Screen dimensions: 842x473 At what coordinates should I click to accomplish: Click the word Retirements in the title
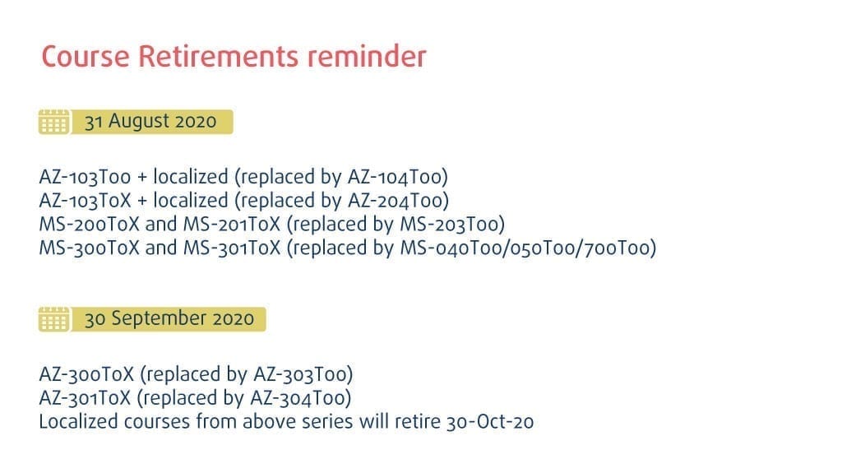(217, 56)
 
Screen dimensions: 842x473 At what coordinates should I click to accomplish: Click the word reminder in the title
(367, 56)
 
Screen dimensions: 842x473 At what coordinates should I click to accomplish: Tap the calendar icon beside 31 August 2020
(53, 122)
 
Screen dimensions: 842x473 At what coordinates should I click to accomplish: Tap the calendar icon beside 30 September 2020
(53, 319)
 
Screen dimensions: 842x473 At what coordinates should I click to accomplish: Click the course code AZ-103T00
(85, 177)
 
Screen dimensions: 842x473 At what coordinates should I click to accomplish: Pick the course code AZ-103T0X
(85, 201)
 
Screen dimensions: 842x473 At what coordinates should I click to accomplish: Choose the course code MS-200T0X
(89, 224)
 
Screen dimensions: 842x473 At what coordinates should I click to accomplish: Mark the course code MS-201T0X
(232, 224)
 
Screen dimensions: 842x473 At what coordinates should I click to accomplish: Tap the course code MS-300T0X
(89, 248)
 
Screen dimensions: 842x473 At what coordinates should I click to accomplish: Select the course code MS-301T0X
(232, 248)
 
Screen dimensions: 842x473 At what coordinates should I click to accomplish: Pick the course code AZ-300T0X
(86, 374)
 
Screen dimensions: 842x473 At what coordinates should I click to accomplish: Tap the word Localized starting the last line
(78, 421)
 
